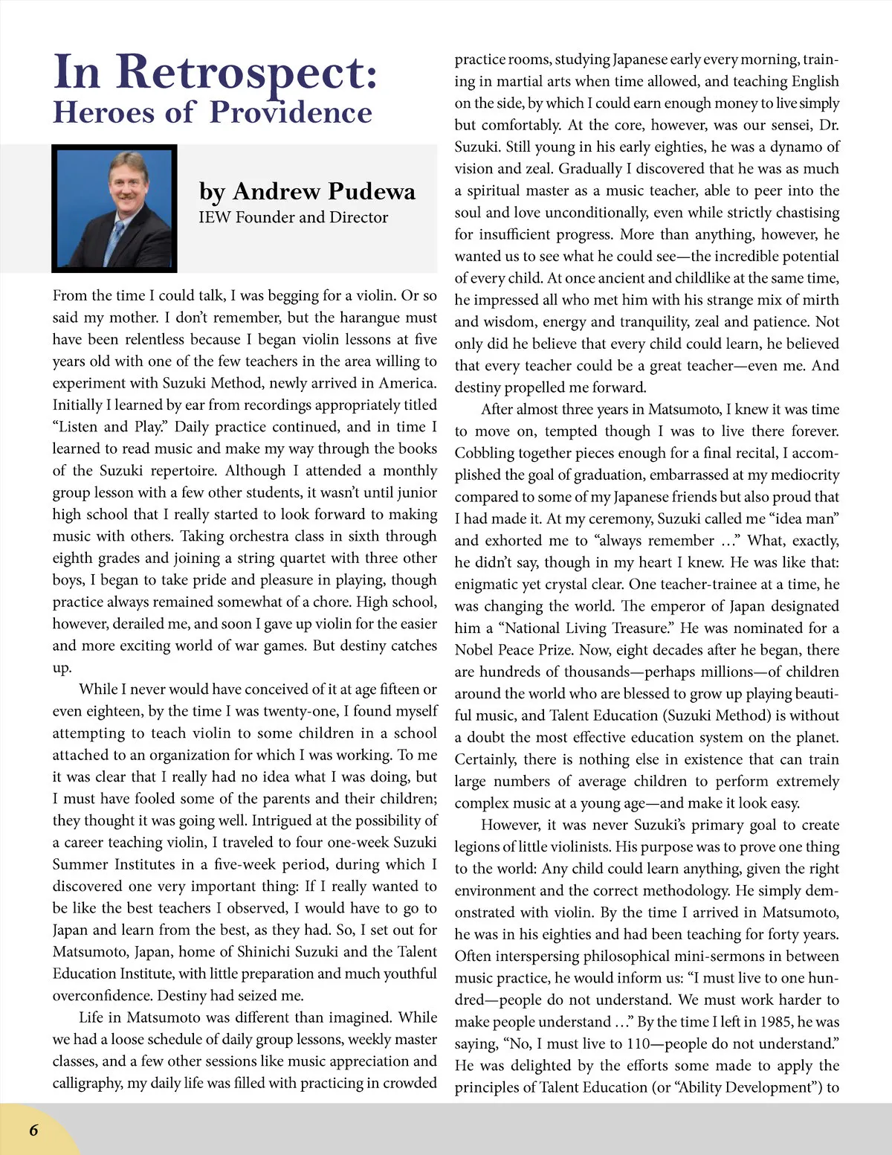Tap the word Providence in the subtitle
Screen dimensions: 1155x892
point(291,113)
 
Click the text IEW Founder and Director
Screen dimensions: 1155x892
point(293,217)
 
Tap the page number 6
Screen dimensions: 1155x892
point(33,1130)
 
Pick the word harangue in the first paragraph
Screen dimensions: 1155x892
point(369,318)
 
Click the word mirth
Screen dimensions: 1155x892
point(818,300)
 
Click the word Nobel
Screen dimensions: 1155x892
point(474,650)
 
